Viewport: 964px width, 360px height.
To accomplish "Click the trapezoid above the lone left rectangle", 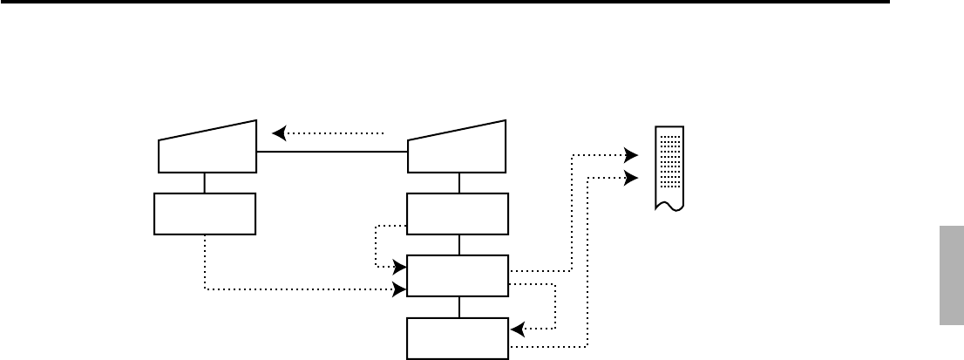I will pyautogui.click(x=207, y=150).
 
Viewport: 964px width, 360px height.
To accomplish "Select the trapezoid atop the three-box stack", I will pyautogui.click(x=458, y=150).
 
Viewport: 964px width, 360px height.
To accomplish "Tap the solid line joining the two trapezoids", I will pyautogui.click(x=332, y=152).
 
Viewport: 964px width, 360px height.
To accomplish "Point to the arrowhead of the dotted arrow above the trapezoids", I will pyautogui.click(x=278, y=133).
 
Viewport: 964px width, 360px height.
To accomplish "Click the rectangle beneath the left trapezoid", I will pyautogui.click(x=205, y=214).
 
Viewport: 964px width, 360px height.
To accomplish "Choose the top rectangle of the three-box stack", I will pyautogui.click(x=458, y=214).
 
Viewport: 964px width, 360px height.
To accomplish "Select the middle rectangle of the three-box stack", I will pyautogui.click(x=458, y=275).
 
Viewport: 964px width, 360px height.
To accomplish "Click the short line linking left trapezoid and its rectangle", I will pyautogui.click(x=205, y=183).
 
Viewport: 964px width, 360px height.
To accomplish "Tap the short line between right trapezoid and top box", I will pyautogui.click(x=459, y=183).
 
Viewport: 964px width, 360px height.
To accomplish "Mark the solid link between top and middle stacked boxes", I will pyautogui.click(x=459, y=245).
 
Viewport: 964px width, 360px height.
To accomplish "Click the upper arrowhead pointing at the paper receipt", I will pyautogui.click(x=633, y=156).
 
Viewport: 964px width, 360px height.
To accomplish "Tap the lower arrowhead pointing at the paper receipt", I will pyautogui.click(x=633, y=178).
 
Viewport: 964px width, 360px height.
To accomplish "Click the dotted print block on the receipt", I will pyautogui.click(x=669, y=160).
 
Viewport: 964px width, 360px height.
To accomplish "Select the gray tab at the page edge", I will pyautogui.click(x=951, y=274).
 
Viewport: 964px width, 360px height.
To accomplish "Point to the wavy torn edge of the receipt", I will pyautogui.click(x=669, y=207).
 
